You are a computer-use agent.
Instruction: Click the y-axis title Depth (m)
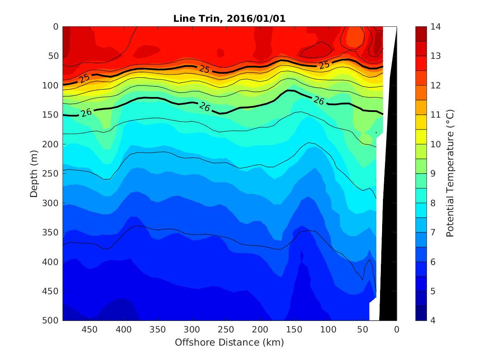click(35, 174)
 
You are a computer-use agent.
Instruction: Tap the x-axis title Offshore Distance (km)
click(229, 342)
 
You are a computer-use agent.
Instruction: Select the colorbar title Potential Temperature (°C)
click(450, 174)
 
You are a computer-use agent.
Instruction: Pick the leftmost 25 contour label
click(85, 78)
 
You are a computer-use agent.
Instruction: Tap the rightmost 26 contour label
click(318, 100)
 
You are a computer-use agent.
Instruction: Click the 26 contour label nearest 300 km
click(204, 106)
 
